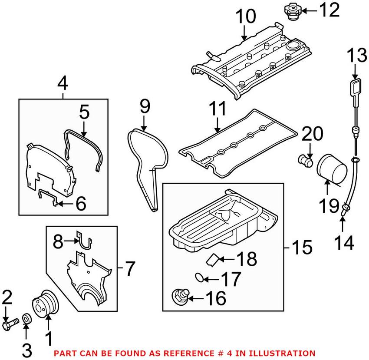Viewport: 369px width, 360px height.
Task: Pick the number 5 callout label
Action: [x=83, y=112]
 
